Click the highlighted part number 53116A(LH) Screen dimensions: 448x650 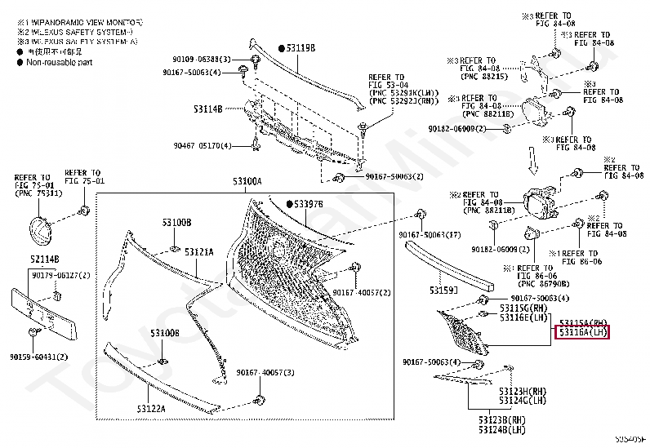pyautogui.click(x=582, y=333)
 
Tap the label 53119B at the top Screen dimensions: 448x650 pyautogui.click(x=300, y=48)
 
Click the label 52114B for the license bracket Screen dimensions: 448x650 pyautogui.click(x=44, y=259)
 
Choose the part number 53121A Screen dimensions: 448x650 pyautogui.click(x=198, y=252)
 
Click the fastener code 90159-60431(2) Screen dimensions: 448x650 pyautogui.click(x=39, y=357)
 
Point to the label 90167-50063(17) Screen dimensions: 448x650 pyautogui.click(x=430, y=235)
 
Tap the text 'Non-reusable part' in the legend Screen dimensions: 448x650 pyautogui.click(x=61, y=62)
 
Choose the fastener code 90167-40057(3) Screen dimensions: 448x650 pyautogui.click(x=265, y=372)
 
